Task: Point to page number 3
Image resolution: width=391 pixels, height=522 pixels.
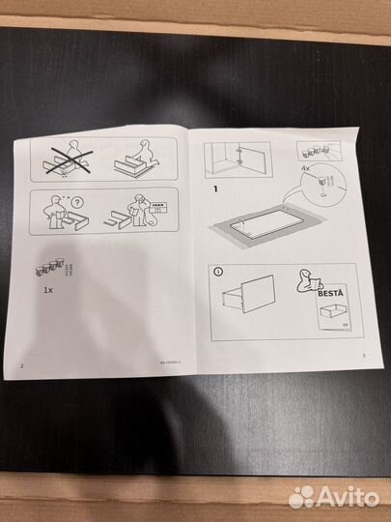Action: pyautogui.click(x=363, y=356)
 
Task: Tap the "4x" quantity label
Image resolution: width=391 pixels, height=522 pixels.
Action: pyautogui.click(x=305, y=166)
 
